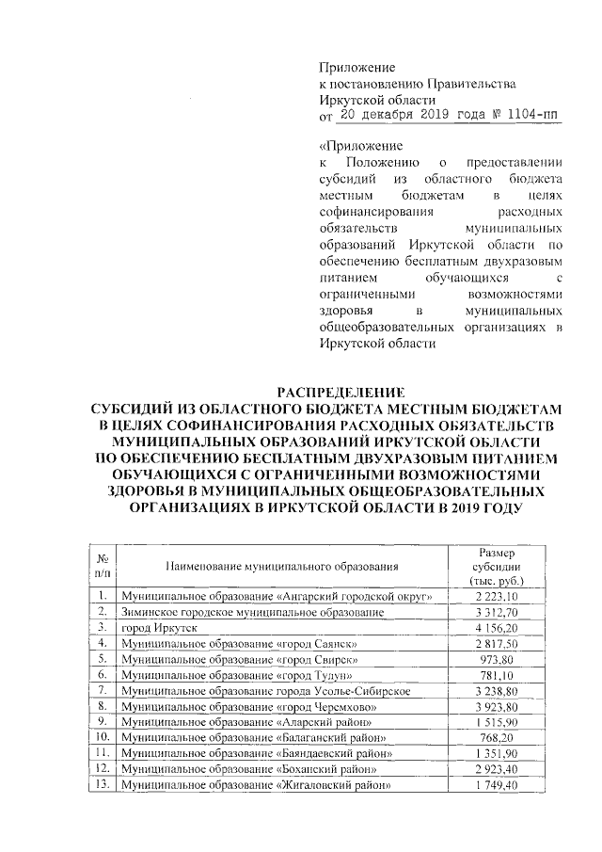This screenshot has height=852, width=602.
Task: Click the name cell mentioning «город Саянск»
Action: (x=243, y=642)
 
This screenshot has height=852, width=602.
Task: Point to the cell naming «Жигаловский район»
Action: (x=256, y=785)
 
